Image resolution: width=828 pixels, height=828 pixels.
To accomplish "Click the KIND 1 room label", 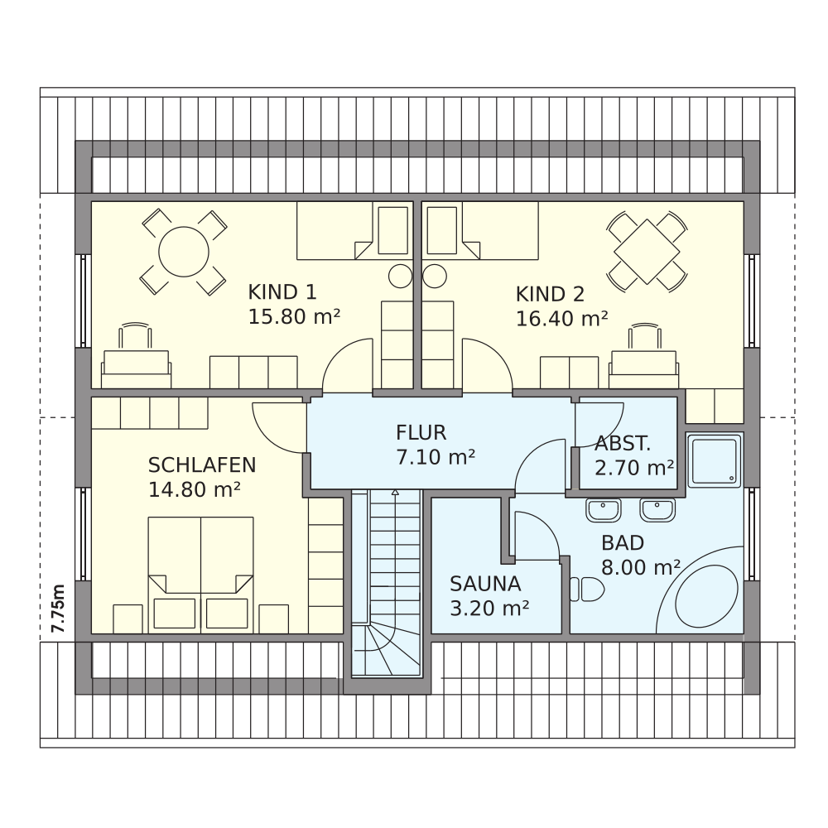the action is point(282,291).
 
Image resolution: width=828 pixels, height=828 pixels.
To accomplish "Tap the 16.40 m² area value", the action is point(562,319).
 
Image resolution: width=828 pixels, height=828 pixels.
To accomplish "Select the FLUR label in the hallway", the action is point(421,432).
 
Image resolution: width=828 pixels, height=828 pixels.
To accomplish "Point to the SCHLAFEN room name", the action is point(202,465).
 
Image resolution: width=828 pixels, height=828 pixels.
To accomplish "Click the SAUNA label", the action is point(485,584).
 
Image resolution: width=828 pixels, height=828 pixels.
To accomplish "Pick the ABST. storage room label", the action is point(623,444).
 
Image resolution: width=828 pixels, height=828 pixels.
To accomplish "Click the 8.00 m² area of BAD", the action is point(641,568).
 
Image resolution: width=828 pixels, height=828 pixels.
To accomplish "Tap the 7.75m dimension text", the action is point(57,609).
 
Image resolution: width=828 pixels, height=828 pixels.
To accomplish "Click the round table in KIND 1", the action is point(184,252).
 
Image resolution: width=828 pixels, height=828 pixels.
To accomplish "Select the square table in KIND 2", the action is point(647,252).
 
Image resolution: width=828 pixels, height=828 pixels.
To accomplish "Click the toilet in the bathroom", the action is point(587,589).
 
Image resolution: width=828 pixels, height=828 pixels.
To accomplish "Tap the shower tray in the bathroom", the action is point(715,459).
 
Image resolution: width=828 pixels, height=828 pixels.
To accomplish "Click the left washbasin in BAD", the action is point(604,509).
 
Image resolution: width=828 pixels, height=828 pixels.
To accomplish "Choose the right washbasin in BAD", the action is point(657,509).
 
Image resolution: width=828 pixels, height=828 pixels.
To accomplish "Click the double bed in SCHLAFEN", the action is point(200,575).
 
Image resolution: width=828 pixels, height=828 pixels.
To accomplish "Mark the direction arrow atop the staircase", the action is point(395,493).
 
